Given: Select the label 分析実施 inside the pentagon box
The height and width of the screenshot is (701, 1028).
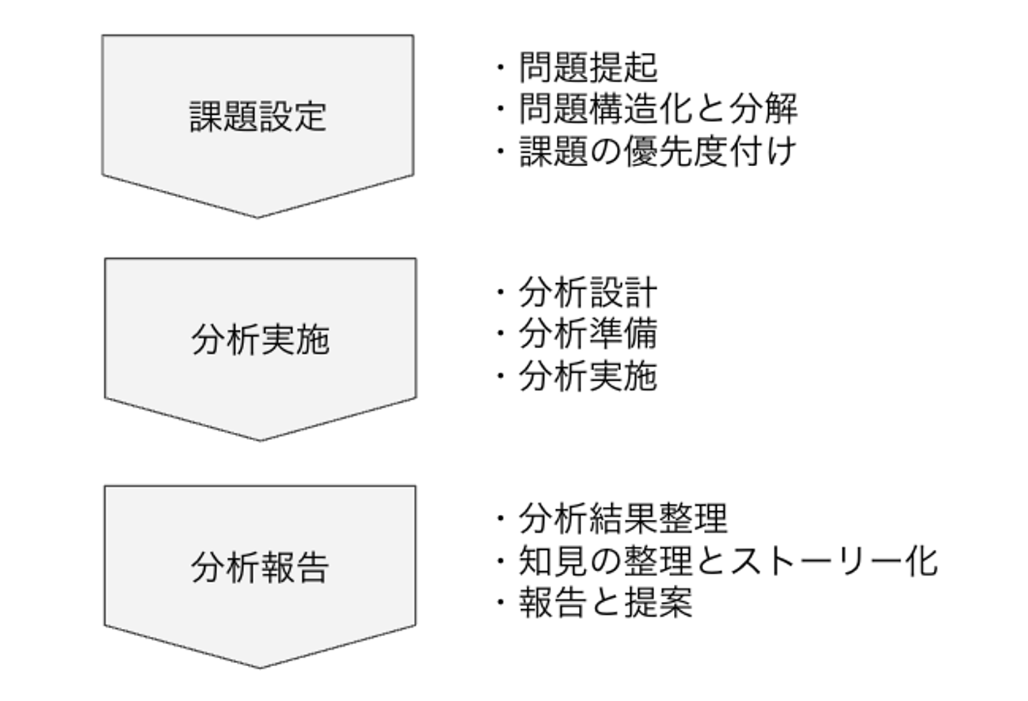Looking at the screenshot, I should click(260, 340).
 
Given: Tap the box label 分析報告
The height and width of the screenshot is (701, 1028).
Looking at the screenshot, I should click(260, 568).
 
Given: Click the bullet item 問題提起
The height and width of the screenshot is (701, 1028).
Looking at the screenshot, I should click(588, 68).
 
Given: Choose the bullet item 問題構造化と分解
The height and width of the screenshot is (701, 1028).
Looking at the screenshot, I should click(657, 109).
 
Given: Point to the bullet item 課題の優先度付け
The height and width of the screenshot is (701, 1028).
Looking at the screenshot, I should click(657, 151).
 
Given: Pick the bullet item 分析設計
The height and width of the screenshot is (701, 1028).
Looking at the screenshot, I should click(588, 292).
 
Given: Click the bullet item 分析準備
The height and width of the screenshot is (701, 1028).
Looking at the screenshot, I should click(588, 334).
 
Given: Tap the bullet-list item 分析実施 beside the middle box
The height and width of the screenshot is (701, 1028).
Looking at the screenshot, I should click(588, 376).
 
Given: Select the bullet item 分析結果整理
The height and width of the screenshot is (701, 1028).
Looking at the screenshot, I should click(623, 518).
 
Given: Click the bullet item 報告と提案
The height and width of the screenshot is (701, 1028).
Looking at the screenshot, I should click(605, 603).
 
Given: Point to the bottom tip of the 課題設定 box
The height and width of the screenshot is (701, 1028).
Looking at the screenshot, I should click(258, 216).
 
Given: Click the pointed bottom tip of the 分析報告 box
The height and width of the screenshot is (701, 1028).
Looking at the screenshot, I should click(260, 667).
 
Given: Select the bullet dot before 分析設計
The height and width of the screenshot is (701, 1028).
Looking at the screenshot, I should click(500, 293).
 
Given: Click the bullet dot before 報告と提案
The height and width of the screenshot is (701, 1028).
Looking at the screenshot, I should click(500, 603).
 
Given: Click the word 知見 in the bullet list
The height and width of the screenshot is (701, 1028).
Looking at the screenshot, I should click(553, 561).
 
